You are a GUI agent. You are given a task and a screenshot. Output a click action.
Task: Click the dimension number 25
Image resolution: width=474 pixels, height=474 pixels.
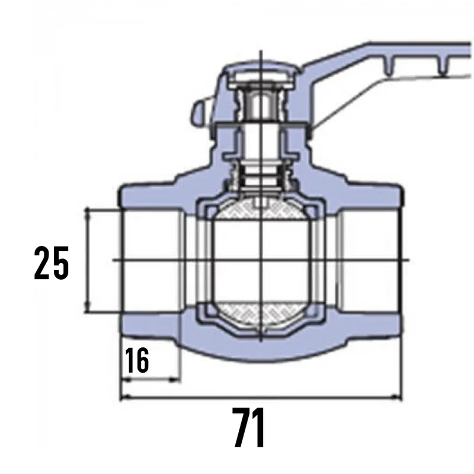52,262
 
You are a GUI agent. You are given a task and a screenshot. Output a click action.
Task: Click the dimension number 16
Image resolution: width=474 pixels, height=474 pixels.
137,360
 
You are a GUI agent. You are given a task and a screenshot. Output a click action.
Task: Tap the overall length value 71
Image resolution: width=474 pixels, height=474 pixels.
249,427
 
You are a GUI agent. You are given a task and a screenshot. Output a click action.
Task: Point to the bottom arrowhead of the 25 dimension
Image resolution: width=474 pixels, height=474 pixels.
87,307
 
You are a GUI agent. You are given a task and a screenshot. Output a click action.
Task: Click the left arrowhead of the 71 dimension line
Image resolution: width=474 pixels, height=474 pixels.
126,397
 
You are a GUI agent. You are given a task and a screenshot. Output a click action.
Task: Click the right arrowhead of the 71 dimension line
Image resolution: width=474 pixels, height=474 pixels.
396,396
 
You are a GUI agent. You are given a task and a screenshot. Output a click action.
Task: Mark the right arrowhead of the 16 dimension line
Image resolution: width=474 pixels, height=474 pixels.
175,379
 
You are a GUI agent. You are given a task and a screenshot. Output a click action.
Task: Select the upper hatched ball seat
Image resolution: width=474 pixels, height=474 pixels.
260,209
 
